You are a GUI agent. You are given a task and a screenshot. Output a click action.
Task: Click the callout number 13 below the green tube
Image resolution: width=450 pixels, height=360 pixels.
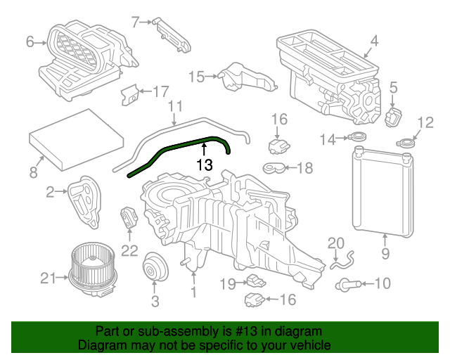pyautogui.click(x=204, y=165)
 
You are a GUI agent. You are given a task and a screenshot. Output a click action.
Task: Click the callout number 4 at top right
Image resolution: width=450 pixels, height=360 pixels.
pyautogui.click(x=374, y=41)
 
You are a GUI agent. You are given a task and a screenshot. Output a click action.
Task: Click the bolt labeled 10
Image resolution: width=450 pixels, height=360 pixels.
pyautogui.click(x=349, y=284)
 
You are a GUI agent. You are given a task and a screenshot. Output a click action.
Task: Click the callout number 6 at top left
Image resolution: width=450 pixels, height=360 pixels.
pyautogui.click(x=30, y=42)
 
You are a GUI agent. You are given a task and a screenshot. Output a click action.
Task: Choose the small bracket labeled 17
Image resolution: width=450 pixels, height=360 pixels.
pyautogui.click(x=130, y=94)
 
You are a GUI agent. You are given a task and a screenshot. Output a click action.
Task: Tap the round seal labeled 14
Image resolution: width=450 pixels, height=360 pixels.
pyautogui.click(x=358, y=139)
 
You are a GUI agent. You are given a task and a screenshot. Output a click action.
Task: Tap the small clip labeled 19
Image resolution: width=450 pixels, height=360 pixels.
pyautogui.click(x=255, y=282)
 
